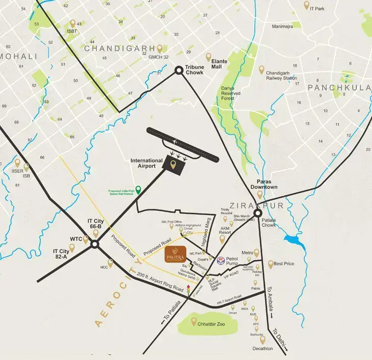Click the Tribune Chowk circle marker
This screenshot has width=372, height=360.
179,70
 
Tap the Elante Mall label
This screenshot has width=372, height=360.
220,64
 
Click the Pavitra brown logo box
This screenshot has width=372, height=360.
175,254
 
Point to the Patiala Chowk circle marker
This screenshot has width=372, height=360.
258,213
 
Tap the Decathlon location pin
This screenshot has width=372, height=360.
262,339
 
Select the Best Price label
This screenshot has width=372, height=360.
284,264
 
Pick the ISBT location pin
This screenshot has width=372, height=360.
72,24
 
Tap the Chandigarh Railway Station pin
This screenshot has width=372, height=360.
261,69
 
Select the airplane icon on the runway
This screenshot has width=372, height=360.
174,141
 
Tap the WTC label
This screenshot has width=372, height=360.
76,238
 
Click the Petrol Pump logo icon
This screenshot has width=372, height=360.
221,259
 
